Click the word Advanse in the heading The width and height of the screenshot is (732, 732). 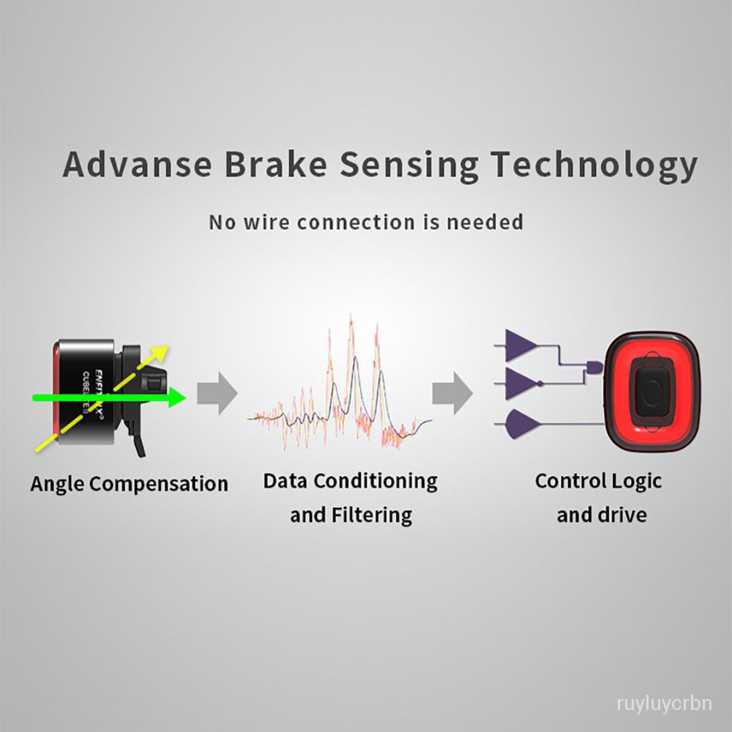point(136,165)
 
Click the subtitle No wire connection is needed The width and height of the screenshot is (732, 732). point(366,221)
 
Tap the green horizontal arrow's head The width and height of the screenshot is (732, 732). point(178,397)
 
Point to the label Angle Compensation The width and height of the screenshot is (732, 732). point(129,484)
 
